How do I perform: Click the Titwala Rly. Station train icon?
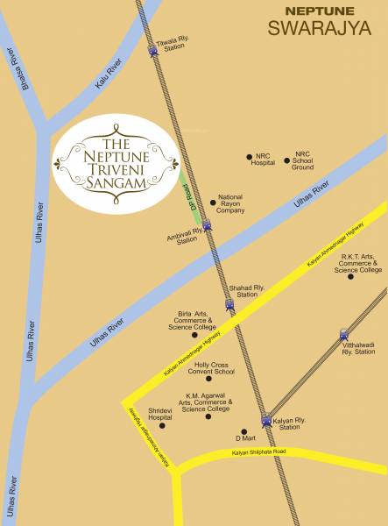[x=153, y=52]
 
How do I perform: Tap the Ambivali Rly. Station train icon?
[x=208, y=227]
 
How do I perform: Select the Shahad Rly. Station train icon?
[x=229, y=306]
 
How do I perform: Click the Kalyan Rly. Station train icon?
[x=266, y=422]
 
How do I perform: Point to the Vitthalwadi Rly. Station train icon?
[x=342, y=334]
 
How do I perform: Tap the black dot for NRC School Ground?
[x=286, y=161]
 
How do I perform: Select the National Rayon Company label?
[x=230, y=204]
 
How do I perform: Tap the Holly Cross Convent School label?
[x=202, y=368]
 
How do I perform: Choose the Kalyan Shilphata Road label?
[x=259, y=452]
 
